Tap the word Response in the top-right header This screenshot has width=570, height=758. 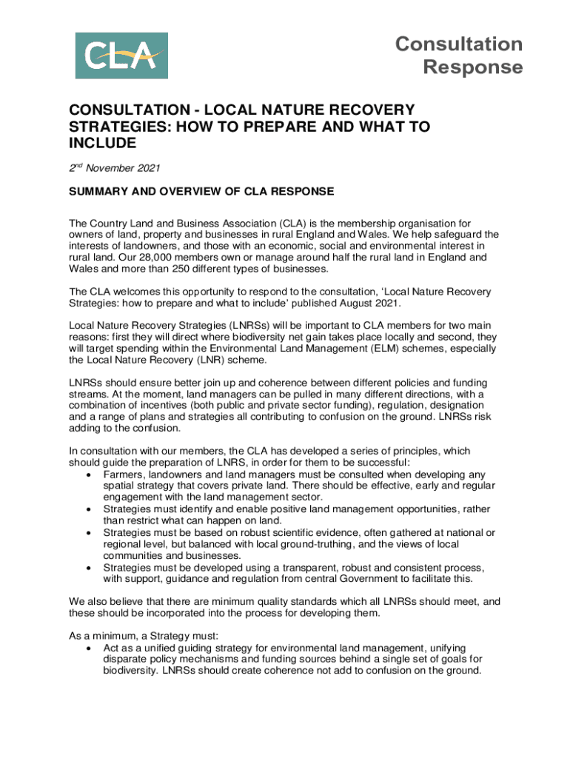[472, 67]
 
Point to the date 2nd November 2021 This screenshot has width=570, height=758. [115, 168]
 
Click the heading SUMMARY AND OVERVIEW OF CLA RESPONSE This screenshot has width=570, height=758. [201, 192]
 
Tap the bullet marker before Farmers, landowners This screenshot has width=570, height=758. [89, 474]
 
